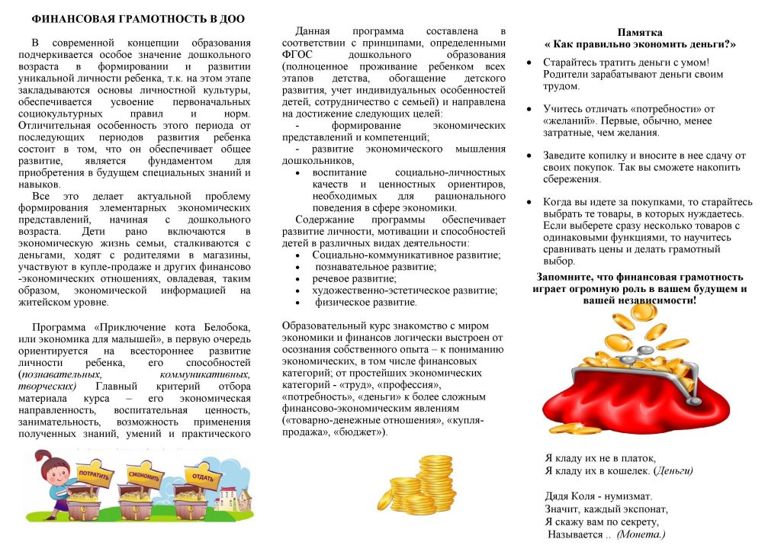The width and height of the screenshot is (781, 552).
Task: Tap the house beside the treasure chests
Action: coord(231,496)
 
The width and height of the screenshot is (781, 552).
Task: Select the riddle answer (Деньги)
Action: coord(674,470)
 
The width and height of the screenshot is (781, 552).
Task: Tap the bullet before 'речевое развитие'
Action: coord(297,279)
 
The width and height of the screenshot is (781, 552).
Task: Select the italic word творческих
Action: coord(46,387)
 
